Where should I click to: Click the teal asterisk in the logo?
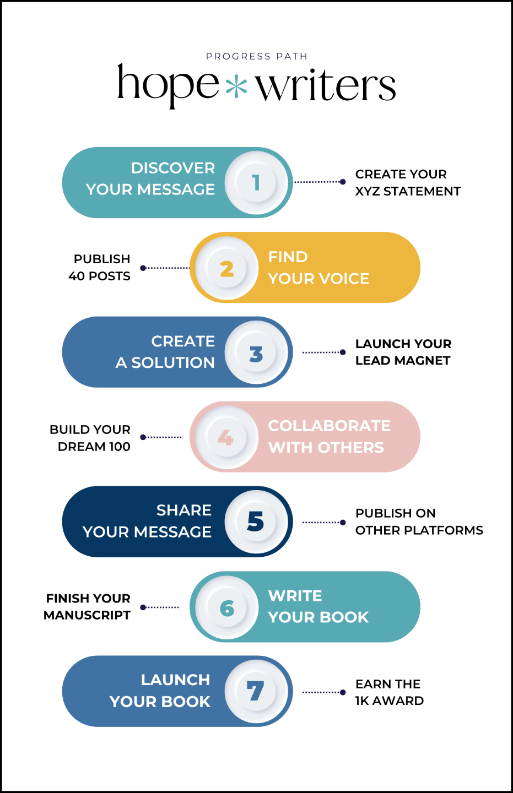[x=236, y=86]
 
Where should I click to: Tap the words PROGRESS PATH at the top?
[x=257, y=56]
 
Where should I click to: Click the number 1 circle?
[x=256, y=182]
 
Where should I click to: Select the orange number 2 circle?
[x=227, y=268]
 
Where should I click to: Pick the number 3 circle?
[x=256, y=352]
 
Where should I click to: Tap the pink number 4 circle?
[x=226, y=437]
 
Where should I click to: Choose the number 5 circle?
[x=256, y=522]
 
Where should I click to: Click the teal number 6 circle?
[x=227, y=607]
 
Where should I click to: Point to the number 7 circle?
[x=256, y=691]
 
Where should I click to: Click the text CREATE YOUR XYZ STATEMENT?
[x=407, y=183]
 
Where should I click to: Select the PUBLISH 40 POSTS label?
[x=100, y=268]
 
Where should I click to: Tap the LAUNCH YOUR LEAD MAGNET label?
[x=403, y=352]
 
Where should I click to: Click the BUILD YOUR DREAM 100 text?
[x=91, y=438]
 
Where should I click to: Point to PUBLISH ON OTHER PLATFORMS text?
[x=418, y=522]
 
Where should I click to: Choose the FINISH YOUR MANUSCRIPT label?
[x=88, y=606]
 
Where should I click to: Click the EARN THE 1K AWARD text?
[x=389, y=692]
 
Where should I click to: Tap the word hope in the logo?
[x=168, y=85]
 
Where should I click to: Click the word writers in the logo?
[x=326, y=86]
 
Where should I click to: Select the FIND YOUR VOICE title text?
[x=318, y=268]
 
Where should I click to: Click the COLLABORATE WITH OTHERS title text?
[x=328, y=437]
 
